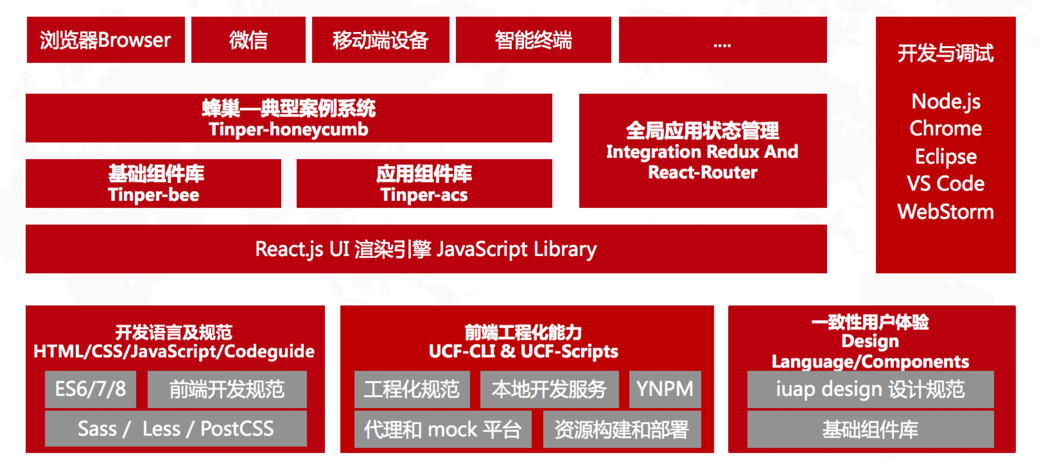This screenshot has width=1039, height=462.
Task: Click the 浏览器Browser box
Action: (106, 40)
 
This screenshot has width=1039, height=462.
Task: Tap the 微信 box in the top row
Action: (248, 40)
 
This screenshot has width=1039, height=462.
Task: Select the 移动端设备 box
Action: (380, 40)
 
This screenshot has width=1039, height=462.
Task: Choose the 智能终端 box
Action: (533, 40)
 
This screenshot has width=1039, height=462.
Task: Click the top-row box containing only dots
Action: (722, 40)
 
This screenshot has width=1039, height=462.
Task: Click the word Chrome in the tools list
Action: (946, 129)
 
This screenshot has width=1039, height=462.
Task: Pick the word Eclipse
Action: (946, 157)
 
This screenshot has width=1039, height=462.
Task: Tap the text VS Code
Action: (946, 184)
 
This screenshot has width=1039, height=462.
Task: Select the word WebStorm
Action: (946, 212)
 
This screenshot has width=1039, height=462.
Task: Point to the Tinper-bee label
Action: (154, 195)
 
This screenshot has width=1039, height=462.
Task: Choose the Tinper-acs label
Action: (424, 195)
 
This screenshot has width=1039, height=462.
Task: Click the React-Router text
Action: (703, 173)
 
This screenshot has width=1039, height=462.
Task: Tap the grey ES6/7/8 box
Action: (90, 389)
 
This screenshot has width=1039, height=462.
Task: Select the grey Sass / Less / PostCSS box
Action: (175, 429)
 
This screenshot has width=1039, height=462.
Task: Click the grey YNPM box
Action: (665, 389)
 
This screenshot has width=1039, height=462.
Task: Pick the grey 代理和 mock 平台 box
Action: (442, 429)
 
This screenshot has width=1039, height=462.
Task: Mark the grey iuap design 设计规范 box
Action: (870, 389)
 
